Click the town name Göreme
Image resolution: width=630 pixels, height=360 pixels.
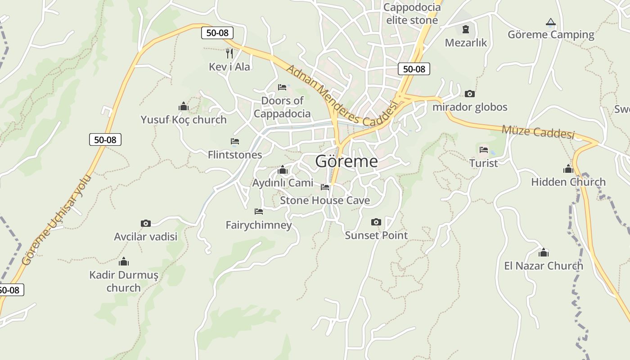[346, 161]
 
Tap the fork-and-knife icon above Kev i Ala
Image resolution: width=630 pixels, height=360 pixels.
[229, 54]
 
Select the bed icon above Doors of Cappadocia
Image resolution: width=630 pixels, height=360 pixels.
[282, 87]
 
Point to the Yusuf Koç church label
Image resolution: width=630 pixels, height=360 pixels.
[184, 120]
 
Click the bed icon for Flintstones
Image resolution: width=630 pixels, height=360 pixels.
[234, 141]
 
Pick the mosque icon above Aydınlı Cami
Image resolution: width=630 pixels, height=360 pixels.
[283, 170]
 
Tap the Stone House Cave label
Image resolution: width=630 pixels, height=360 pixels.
[325, 200]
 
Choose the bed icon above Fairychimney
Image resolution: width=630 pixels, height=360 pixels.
[259, 211]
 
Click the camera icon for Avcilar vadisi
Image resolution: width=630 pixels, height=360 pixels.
[145, 223]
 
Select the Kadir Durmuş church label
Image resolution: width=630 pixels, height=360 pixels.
[124, 281]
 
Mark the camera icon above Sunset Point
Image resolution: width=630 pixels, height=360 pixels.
[376, 222]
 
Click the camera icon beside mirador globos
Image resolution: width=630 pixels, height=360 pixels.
[470, 94]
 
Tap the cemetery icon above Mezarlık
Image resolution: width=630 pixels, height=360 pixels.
[466, 30]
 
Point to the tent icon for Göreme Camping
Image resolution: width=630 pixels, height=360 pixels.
[550, 22]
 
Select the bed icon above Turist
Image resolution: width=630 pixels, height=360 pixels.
[484, 149]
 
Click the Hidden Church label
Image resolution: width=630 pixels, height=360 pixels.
[568, 182]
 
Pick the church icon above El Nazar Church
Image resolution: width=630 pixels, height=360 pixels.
[544, 252]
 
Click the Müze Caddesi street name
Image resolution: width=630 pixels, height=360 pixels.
[538, 132]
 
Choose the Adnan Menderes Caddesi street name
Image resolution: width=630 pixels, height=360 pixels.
[342, 95]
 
